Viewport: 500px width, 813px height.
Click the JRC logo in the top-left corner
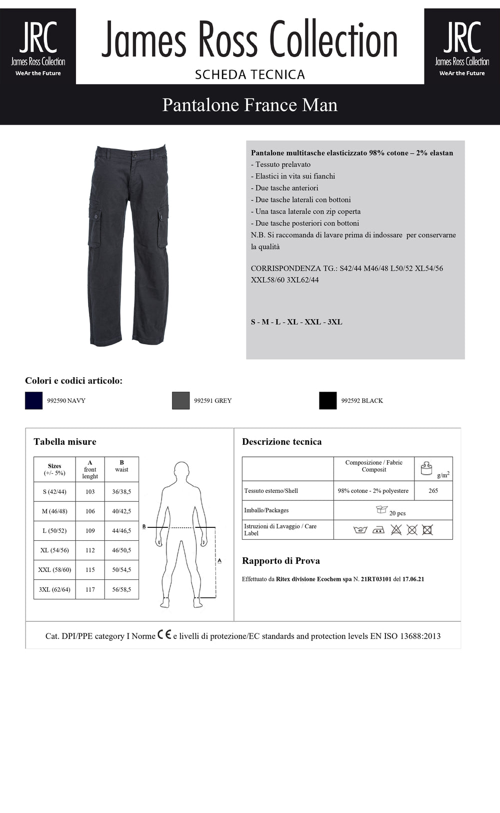point(38,46)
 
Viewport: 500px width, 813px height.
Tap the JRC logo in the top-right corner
point(461,46)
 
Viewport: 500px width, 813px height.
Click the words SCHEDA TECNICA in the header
point(250,75)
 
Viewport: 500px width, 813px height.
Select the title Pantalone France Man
point(250,105)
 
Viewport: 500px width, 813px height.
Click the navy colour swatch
point(34,400)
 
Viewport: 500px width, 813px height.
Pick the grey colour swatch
point(180,400)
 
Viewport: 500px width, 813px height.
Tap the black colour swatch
point(328,400)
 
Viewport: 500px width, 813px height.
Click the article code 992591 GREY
point(213,401)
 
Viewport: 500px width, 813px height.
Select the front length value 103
point(90,492)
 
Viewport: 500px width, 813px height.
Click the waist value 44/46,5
point(121,531)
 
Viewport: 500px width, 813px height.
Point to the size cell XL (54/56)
point(54,550)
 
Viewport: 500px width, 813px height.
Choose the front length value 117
point(90,589)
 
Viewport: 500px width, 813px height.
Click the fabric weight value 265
point(433,491)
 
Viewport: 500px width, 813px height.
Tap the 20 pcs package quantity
point(397,513)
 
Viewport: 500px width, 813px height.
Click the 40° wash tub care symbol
point(360,530)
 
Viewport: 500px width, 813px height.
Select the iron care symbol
point(378,530)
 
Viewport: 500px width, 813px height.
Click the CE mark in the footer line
point(164,635)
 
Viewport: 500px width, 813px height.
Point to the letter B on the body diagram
point(144,527)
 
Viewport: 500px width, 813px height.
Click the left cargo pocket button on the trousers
point(94,216)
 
